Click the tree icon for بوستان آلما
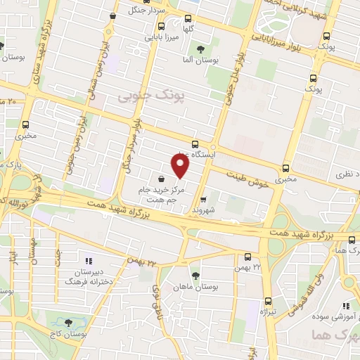[x=201, y=49]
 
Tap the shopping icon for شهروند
[x=203, y=199]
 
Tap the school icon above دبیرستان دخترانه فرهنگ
[x=89, y=261]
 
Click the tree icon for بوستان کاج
[x=68, y=323]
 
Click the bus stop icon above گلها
[x=187, y=19]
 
